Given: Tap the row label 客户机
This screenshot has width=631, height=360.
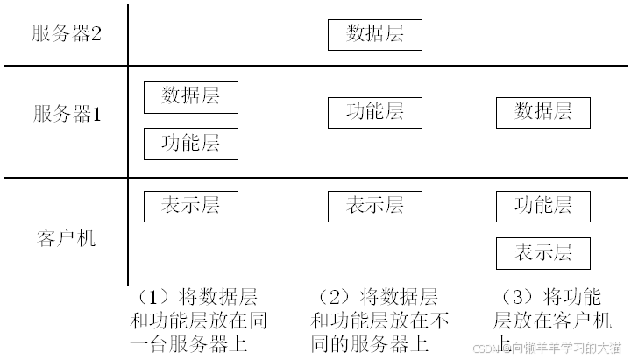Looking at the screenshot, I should click(67, 238).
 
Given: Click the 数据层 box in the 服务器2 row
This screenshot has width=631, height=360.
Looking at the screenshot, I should click(374, 34).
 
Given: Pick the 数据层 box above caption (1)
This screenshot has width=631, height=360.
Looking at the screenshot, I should click(190, 97).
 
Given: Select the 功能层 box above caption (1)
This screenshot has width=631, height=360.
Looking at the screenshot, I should click(190, 144).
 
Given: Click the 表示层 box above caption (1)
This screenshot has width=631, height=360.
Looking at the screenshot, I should click(190, 206).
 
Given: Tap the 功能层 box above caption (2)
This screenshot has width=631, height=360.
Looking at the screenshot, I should click(374, 112).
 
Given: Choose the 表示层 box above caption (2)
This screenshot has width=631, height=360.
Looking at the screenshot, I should click(374, 206).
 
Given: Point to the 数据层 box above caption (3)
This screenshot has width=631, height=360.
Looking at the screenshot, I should click(543, 112).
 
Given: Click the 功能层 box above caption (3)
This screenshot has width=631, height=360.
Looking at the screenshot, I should click(543, 206).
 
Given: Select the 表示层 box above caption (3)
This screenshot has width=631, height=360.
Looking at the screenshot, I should click(543, 253).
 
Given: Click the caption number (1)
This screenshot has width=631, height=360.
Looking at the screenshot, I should click(148, 296).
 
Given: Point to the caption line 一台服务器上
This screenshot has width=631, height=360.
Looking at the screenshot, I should click(194, 343).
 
